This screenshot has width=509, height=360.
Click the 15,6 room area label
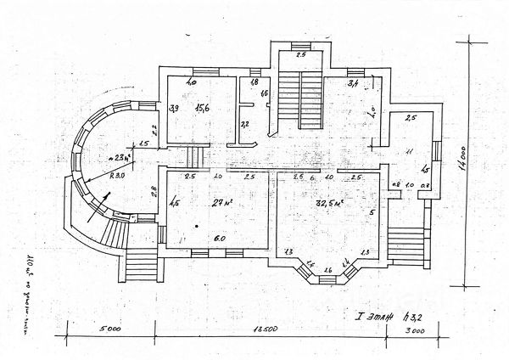click(201, 108)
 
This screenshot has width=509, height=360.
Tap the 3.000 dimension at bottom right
click(416, 328)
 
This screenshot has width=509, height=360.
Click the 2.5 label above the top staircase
click(299, 54)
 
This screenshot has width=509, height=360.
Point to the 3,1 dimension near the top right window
click(354, 82)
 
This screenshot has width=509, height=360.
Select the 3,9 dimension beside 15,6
click(174, 109)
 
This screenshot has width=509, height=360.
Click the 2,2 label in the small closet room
click(244, 125)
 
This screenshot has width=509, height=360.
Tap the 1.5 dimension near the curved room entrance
click(143, 144)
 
